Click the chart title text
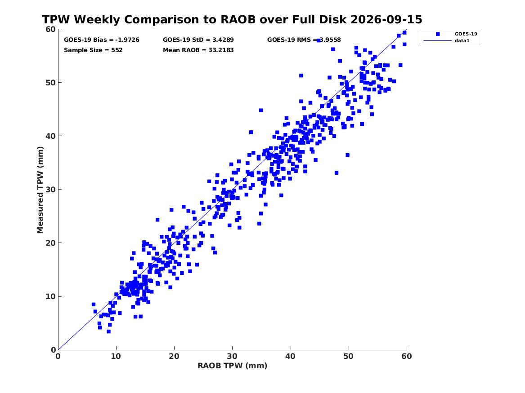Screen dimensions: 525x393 [232, 19]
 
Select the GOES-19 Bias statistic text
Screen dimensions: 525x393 [102, 40]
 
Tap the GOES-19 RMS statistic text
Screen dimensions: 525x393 [304, 40]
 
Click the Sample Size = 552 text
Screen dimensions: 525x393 [93, 50]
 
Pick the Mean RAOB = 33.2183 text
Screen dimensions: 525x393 [198, 50]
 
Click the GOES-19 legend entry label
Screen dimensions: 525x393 [466, 34]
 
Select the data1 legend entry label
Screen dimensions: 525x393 [462, 41]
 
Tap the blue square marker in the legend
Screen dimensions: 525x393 [438, 34]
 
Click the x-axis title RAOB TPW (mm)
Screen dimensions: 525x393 [233, 366]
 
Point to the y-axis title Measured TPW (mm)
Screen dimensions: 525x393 [40, 190]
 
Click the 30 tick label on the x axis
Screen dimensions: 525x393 [232, 356]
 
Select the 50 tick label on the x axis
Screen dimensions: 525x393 [348, 356]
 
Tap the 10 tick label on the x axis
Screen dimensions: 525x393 [116, 356]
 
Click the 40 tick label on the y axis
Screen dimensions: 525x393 [50, 136]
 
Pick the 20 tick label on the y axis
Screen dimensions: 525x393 [50, 243]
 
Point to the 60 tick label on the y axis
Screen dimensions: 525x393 [50, 29]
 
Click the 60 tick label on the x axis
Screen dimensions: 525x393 [407, 356]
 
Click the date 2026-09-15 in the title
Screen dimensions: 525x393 [386, 19]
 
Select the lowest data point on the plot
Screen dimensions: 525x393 [108, 331]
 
